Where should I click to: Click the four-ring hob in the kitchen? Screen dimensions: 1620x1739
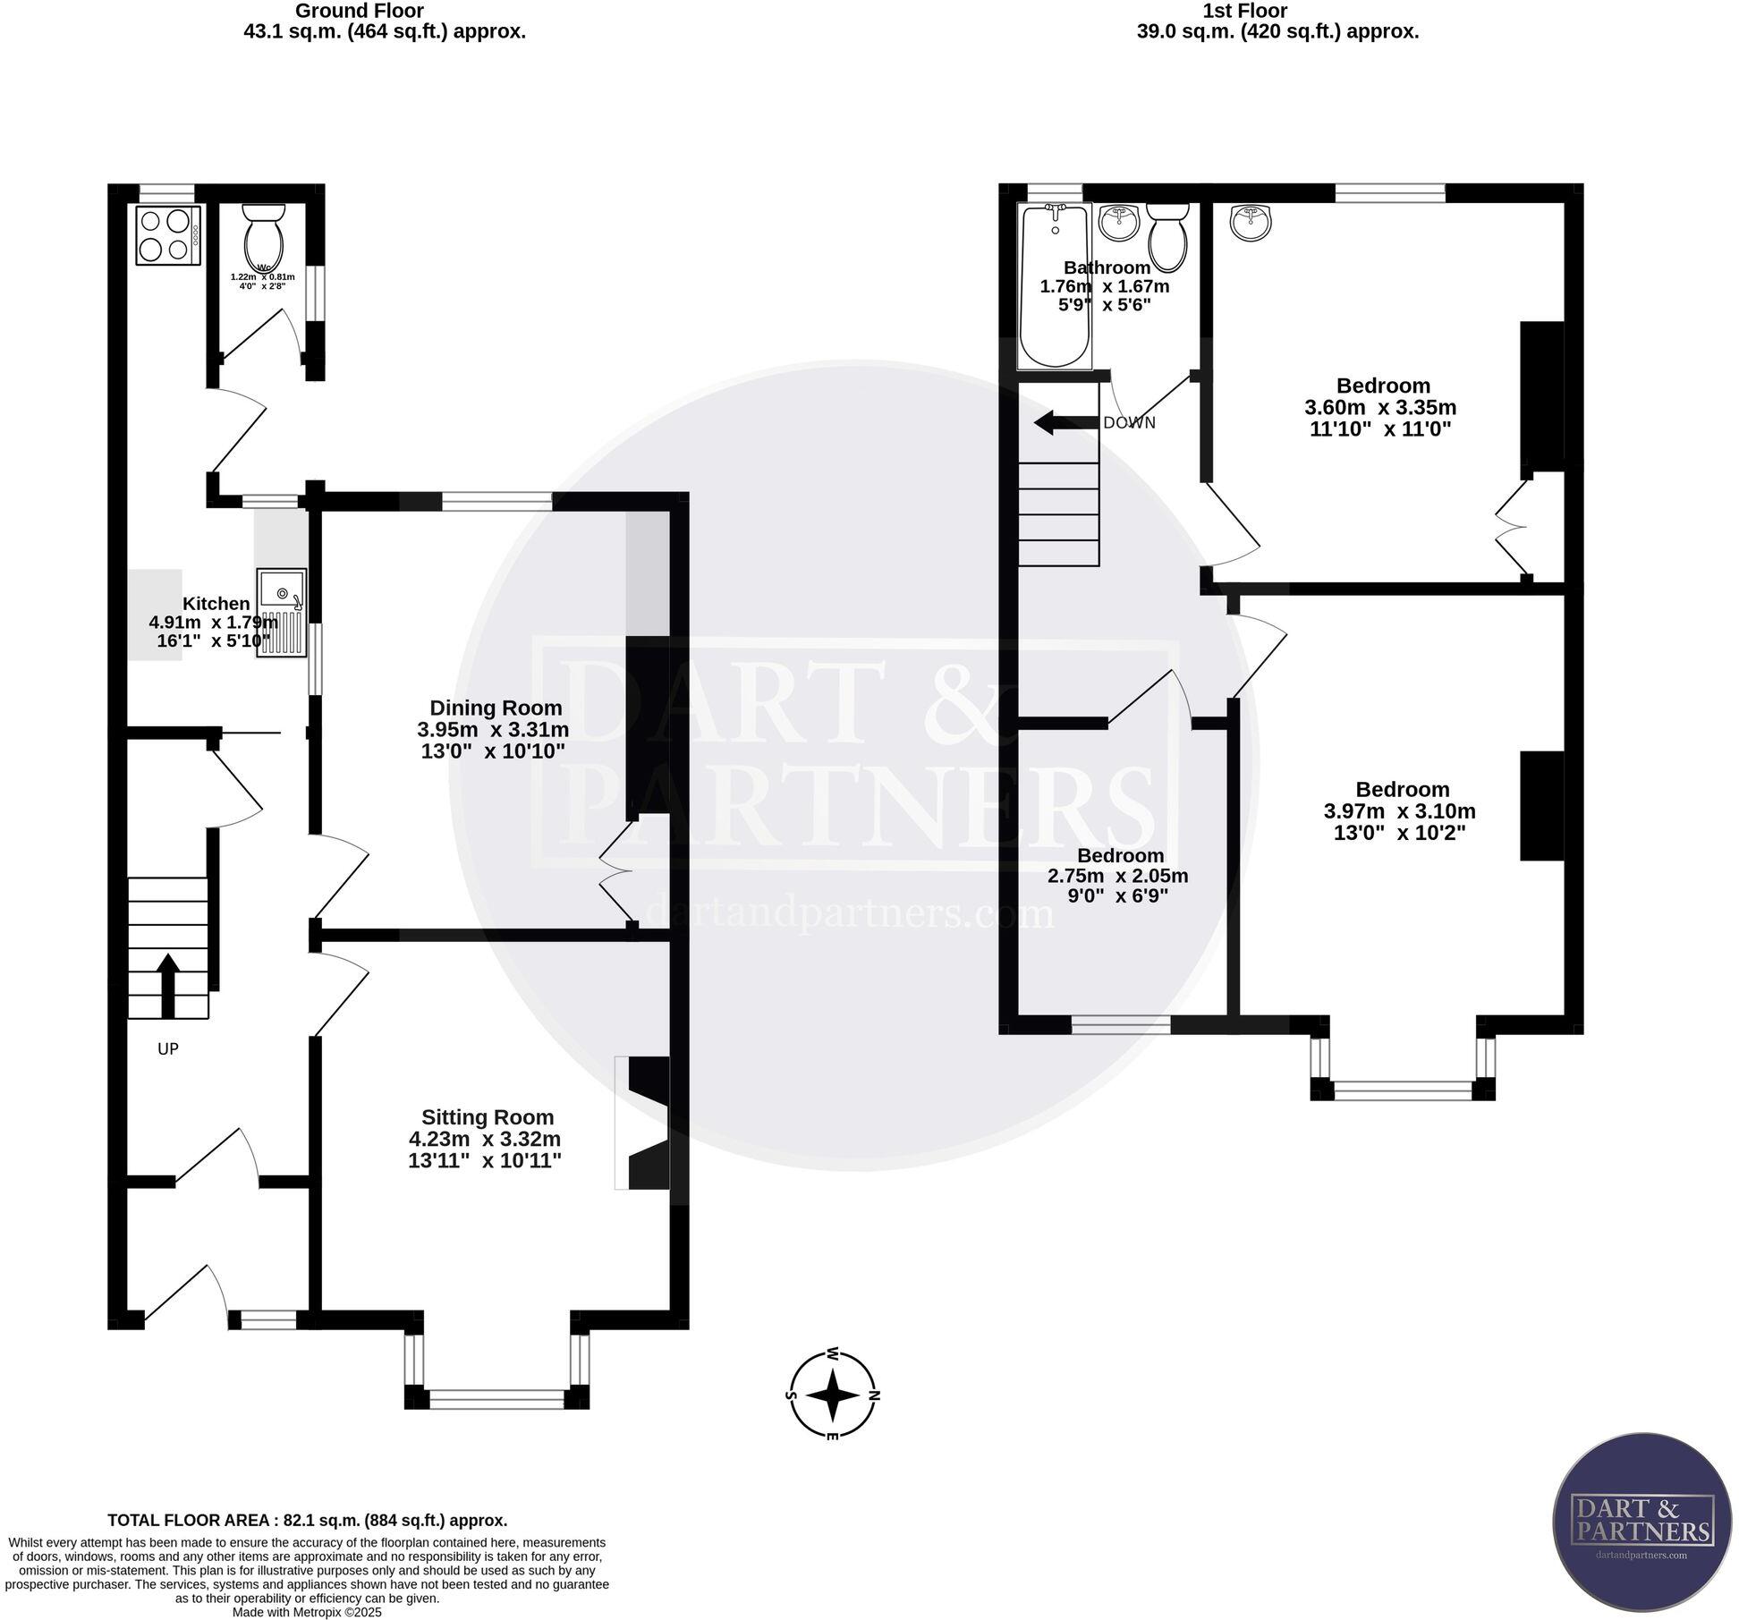point(167,235)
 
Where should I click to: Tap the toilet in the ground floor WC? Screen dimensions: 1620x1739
point(264,237)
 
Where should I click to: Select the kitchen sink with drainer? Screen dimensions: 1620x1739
point(281,614)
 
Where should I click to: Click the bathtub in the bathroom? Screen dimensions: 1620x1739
point(1056,284)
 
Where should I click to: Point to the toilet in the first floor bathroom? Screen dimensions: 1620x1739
point(1167,236)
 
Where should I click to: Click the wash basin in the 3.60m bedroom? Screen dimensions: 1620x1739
point(1251,223)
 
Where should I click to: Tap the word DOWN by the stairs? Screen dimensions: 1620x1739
point(1129,423)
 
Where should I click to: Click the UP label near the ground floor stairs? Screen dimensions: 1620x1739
point(168,1049)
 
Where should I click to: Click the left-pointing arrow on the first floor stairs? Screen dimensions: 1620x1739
point(1065,423)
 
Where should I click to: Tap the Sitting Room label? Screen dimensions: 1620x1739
point(488,1117)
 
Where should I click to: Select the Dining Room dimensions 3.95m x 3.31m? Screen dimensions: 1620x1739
point(493,729)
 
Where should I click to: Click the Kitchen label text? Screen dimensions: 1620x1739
point(216,604)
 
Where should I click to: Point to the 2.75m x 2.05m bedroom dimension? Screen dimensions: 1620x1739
point(1118,876)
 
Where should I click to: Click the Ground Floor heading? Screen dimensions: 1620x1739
point(359,11)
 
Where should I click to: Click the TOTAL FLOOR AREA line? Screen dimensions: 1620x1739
point(307,1520)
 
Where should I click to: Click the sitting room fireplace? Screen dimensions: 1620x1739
point(646,1124)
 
